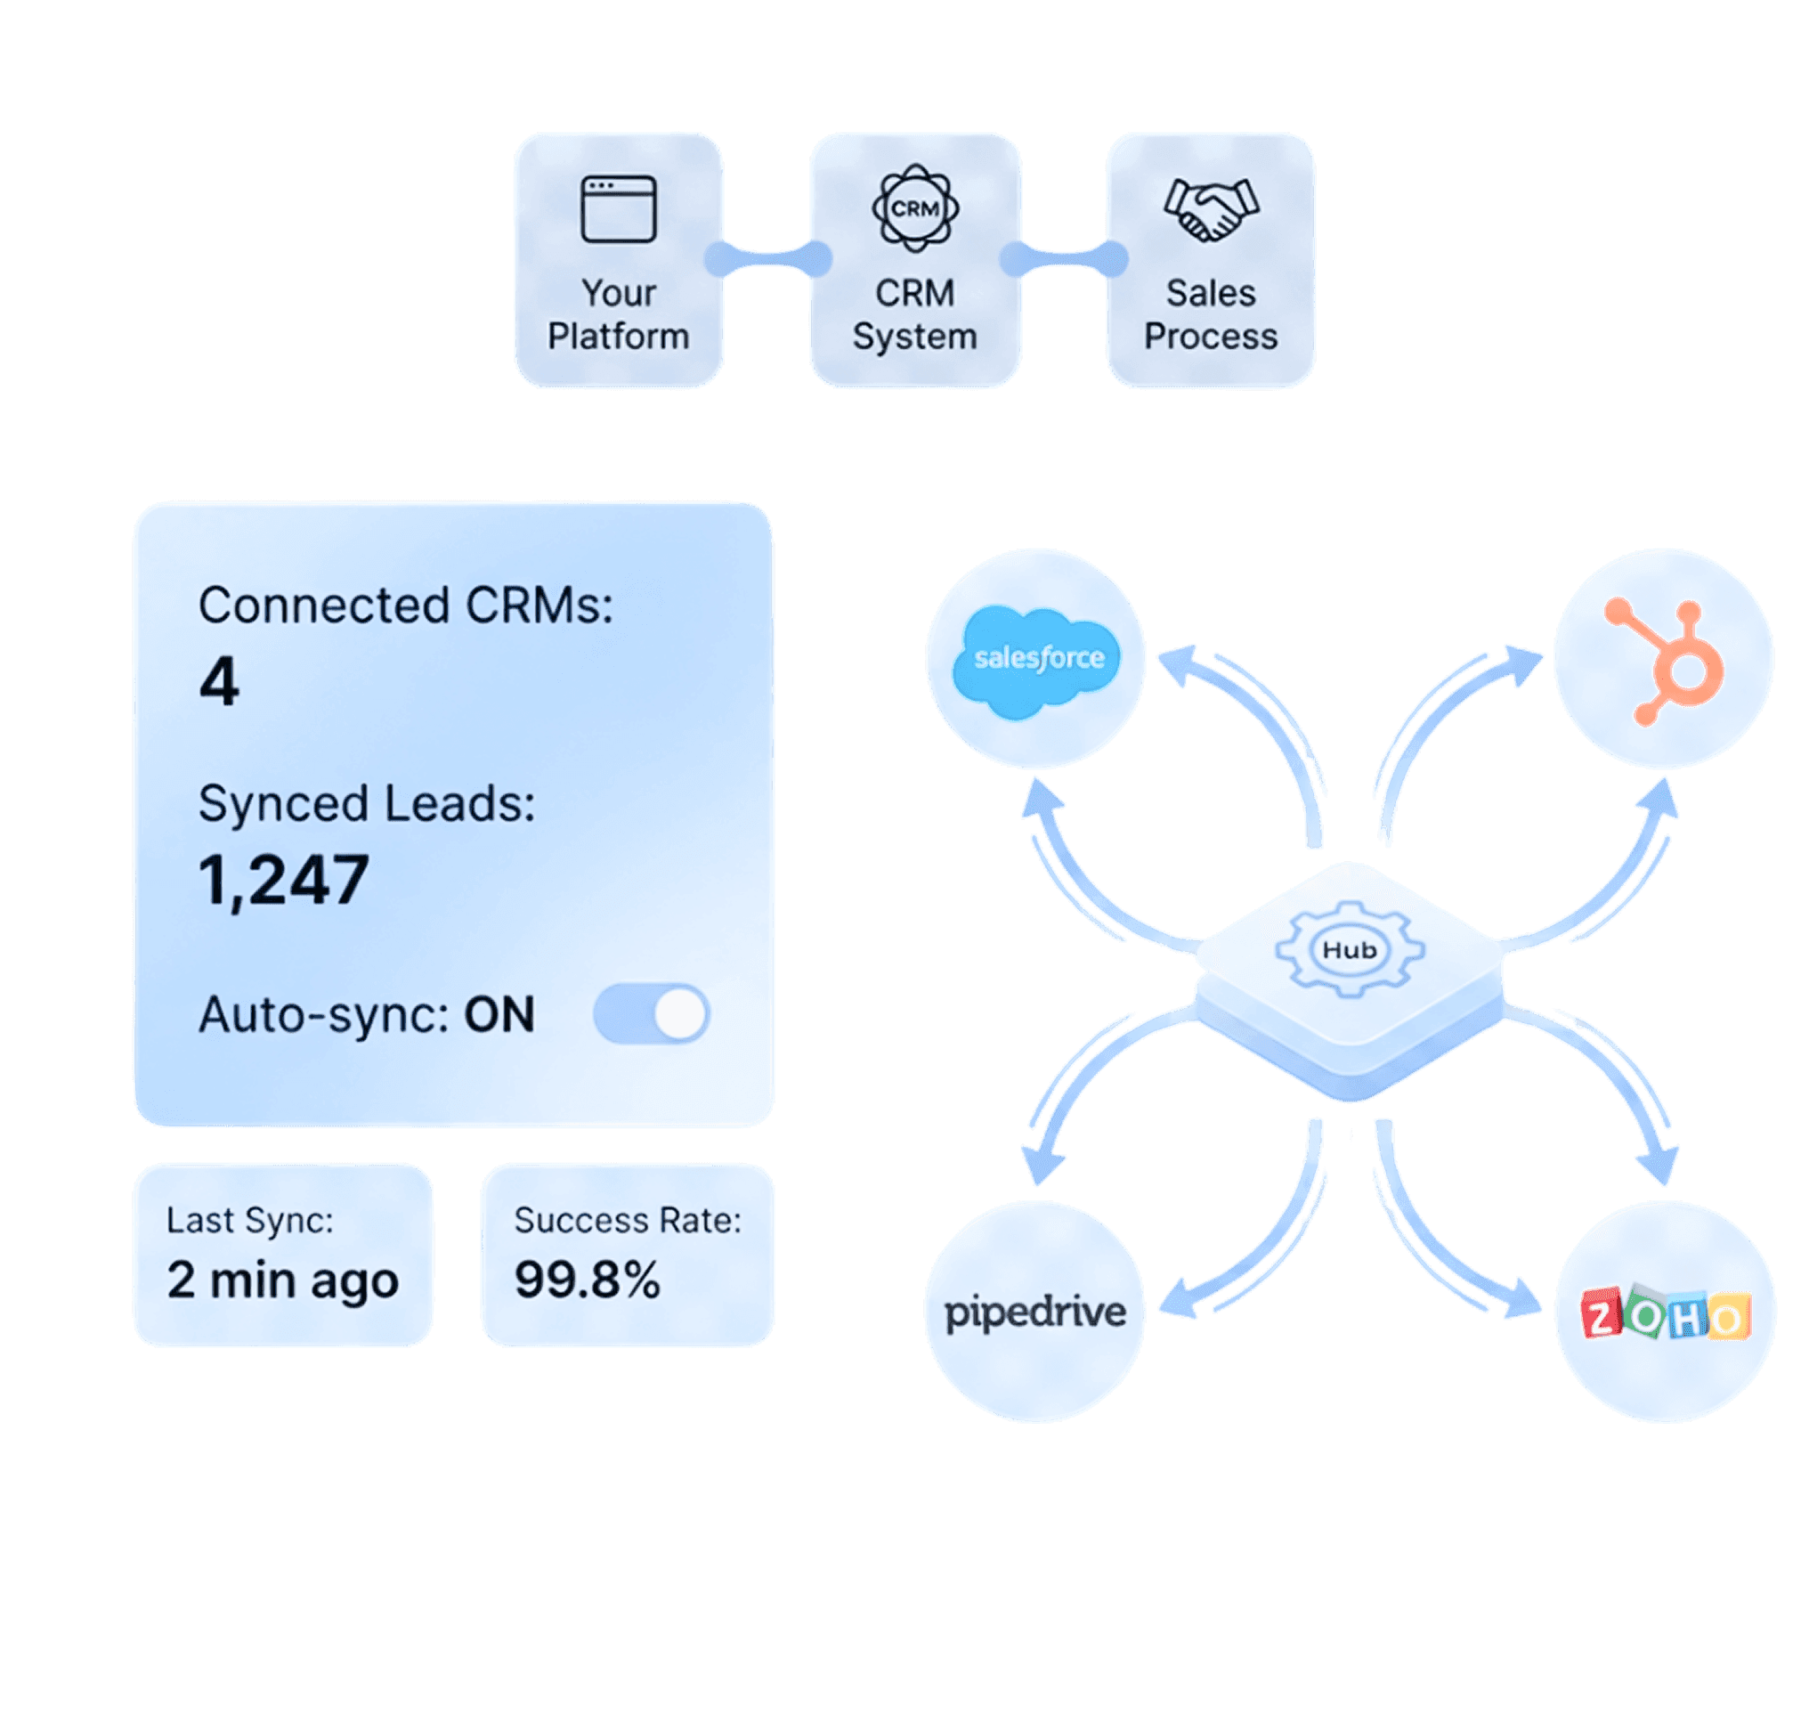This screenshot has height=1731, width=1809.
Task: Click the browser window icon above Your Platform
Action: click(618, 209)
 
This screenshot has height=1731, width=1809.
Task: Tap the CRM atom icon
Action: click(915, 208)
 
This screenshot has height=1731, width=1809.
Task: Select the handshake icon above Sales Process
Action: click(1212, 209)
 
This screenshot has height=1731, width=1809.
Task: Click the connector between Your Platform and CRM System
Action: click(767, 259)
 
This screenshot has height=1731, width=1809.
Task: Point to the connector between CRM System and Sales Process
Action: click(1064, 259)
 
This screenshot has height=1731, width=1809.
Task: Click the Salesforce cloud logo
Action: click(1039, 659)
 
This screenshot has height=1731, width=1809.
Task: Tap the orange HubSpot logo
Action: click(1666, 660)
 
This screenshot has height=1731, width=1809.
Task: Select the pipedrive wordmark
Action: click(1035, 1312)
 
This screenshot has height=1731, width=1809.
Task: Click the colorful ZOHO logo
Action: click(1665, 1314)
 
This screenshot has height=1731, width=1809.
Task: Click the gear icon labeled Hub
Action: click(1350, 949)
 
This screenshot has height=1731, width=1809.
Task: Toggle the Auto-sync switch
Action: click(652, 1014)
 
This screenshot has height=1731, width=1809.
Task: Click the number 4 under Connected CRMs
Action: click(219, 681)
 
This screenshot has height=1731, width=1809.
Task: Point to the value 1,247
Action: click(283, 880)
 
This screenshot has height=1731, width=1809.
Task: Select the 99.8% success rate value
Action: click(587, 1280)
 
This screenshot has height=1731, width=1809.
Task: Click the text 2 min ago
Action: click(282, 1280)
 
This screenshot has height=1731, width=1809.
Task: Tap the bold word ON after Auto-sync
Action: click(499, 1015)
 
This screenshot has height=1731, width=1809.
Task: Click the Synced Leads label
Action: click(366, 804)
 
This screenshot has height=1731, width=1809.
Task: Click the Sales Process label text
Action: click(1211, 314)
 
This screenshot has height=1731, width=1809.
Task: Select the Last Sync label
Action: click(249, 1221)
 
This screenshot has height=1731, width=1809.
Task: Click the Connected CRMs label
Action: click(406, 606)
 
